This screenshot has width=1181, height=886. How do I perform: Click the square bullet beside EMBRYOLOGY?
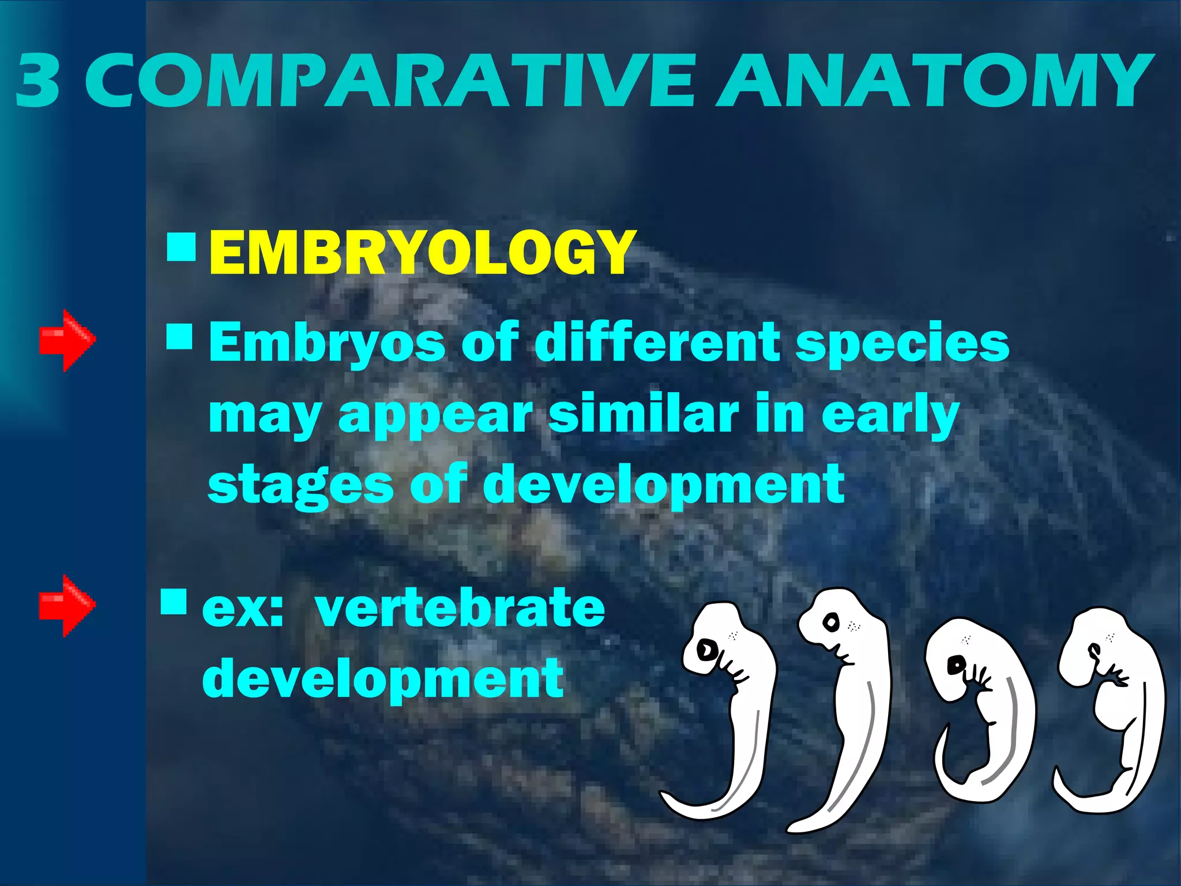pos(181,247)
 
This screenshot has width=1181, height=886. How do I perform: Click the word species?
pos(902,343)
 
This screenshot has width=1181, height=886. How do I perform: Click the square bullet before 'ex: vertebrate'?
pos(174,602)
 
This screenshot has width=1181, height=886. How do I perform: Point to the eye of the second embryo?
pos(831,622)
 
